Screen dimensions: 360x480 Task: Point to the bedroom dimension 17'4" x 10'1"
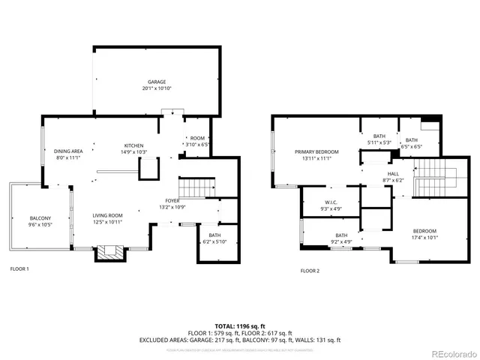(x=424, y=238)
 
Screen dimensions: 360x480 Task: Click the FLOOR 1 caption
(x=19, y=269)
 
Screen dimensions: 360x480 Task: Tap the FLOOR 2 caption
(x=310, y=270)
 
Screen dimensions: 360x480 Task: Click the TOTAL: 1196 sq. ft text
(x=240, y=325)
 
